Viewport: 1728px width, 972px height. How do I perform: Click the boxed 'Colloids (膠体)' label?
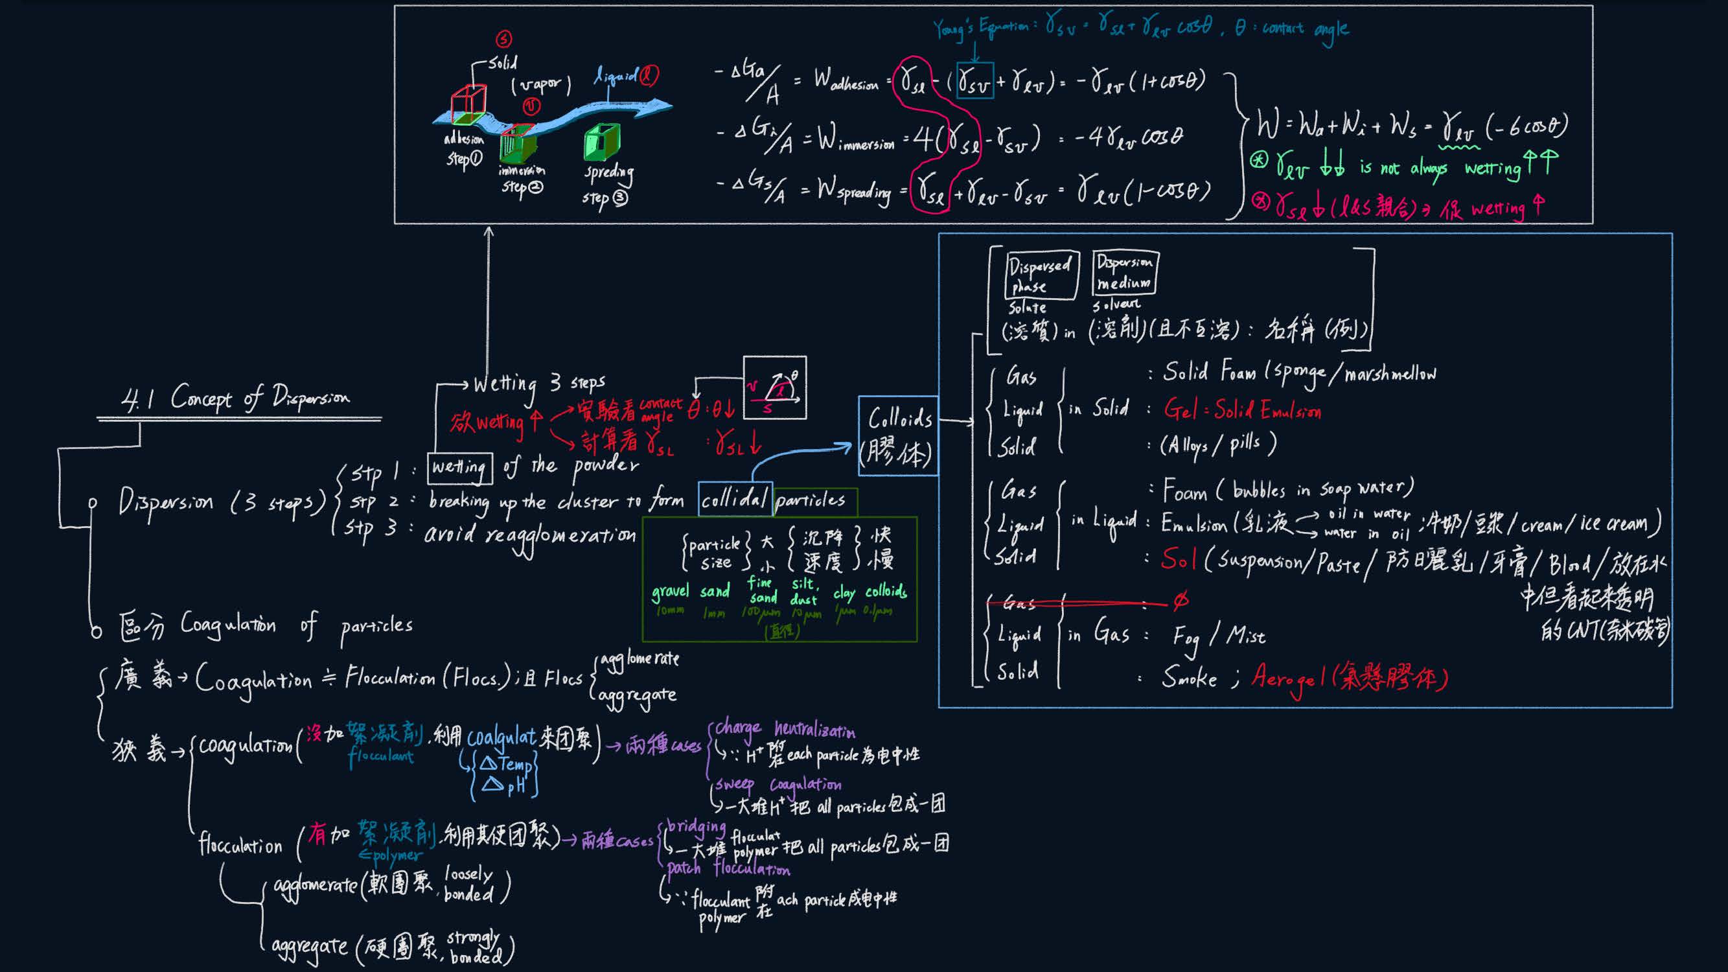898,436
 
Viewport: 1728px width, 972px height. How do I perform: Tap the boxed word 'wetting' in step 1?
459,467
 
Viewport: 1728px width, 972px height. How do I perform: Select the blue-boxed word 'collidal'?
735,499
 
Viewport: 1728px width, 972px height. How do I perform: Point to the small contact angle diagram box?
775,388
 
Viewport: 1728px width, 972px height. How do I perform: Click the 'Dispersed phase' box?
1042,275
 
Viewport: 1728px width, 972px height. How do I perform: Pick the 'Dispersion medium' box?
1125,272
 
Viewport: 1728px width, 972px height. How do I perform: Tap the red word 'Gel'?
1181,408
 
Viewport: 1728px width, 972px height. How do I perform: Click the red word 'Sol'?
1178,559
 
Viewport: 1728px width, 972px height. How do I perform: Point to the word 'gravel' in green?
669,592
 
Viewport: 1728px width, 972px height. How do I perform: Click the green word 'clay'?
844,593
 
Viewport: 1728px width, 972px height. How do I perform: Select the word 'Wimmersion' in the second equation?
856,139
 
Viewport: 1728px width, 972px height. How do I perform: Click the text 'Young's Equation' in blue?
980,28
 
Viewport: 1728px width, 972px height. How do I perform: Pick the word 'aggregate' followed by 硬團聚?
309,947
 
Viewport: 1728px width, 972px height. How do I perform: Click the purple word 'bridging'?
696,827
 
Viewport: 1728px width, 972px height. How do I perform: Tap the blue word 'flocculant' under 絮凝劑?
380,756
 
